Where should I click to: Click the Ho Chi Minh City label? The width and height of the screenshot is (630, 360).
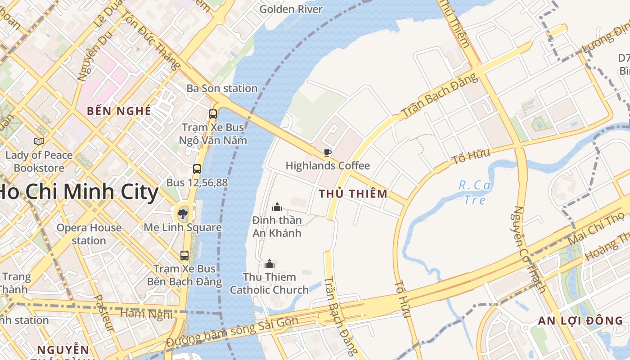point(79,192)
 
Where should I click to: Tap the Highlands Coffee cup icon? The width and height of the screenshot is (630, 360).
point(328,153)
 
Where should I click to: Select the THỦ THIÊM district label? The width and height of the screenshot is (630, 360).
point(353,194)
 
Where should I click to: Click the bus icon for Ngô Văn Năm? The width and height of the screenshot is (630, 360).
point(213,114)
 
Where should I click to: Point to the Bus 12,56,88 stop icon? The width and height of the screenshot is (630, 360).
point(197,169)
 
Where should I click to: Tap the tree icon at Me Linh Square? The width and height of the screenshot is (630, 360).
point(182,214)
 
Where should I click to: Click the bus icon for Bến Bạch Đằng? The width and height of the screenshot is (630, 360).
point(184,256)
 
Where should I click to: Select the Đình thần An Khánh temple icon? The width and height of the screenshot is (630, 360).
point(277,207)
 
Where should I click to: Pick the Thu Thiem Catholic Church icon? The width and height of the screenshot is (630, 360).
point(270,264)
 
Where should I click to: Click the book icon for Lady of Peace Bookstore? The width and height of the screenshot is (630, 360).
point(39,142)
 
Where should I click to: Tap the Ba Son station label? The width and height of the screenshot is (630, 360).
point(222,88)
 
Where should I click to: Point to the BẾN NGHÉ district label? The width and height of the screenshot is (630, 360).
point(119,111)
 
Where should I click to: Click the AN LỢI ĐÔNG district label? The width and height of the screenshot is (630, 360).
point(580,321)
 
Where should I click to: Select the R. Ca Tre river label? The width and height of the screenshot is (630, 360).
point(475,192)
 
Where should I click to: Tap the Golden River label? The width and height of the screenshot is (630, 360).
point(291,9)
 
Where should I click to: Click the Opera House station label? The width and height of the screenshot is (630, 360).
point(89,234)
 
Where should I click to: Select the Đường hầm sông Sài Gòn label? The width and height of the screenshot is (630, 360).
point(232,332)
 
